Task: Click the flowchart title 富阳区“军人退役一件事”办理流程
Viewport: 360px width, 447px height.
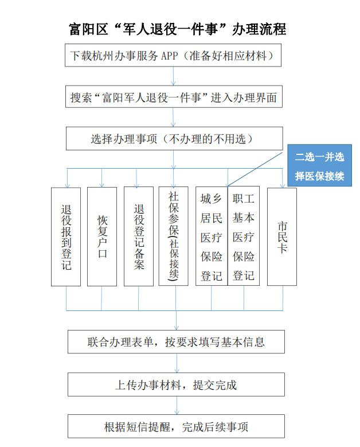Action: coord(178,29)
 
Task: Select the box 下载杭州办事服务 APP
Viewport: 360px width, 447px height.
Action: coord(173,55)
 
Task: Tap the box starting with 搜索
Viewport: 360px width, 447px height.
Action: coord(174,96)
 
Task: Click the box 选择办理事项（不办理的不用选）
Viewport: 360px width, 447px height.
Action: coord(174,138)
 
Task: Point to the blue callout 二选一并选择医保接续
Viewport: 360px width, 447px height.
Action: coord(319,165)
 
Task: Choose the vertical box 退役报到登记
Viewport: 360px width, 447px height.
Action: coord(66,236)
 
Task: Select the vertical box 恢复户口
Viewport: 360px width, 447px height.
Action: coord(102,236)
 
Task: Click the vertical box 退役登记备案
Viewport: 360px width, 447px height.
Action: coord(139,236)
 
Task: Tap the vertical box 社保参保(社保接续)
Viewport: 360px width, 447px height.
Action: coord(174,236)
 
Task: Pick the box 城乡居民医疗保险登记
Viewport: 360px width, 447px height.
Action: coord(212,236)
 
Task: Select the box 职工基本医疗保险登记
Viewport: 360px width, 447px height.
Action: coord(244,236)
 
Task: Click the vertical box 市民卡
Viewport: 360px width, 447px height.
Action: coord(282,236)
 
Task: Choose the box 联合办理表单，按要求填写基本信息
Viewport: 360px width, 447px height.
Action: coord(177,342)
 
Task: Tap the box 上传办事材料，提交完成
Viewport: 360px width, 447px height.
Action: coord(177,384)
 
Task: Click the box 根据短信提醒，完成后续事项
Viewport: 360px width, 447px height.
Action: coord(177,426)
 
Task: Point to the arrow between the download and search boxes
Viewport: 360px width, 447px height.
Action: coord(173,76)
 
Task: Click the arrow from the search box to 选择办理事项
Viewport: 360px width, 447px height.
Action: coord(173,118)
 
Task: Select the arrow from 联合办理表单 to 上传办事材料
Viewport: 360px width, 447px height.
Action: coord(177,363)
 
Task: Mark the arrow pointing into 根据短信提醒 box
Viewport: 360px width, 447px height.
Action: coord(177,405)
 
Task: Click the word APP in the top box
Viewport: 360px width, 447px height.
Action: coord(170,56)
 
